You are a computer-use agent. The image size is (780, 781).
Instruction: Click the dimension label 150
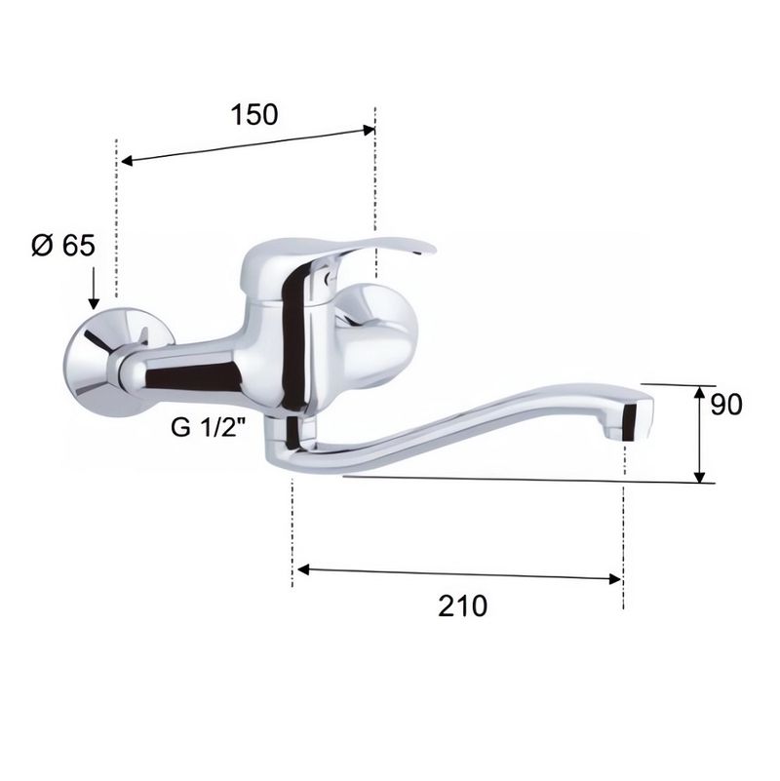point(254,114)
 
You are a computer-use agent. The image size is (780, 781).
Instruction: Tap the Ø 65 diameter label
point(63,245)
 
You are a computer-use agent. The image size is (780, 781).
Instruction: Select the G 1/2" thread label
point(209,427)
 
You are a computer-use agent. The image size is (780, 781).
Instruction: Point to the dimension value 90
point(725,404)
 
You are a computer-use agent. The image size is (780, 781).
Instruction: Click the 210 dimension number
point(463,606)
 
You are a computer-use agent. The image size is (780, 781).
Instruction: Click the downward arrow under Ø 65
point(94,288)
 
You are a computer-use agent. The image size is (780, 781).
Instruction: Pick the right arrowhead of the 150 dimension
point(369,131)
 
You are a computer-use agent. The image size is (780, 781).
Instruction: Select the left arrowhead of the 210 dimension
point(303,569)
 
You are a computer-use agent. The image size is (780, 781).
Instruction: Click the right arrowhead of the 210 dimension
point(615,579)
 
